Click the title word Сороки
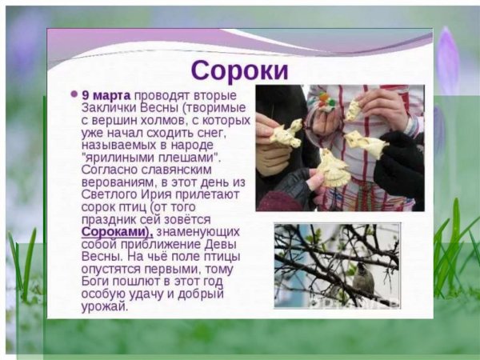pos(240,70)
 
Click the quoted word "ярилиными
pos(113,158)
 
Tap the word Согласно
pos(111,170)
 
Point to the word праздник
pos(112,219)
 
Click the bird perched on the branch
pos(364,278)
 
